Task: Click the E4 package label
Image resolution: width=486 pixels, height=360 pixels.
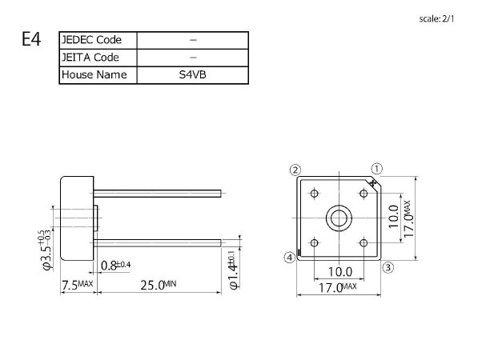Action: coord(30,40)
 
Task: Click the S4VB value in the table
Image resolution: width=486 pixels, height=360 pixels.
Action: coord(193,75)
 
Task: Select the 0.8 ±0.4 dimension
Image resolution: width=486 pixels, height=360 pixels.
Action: coord(116,266)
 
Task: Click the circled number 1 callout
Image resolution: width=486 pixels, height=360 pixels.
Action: coord(377,169)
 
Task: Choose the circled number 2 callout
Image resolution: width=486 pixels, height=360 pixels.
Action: coord(295,170)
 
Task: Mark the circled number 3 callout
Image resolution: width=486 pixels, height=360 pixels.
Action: coord(388,267)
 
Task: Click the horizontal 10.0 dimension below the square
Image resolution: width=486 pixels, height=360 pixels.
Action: coord(339,272)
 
